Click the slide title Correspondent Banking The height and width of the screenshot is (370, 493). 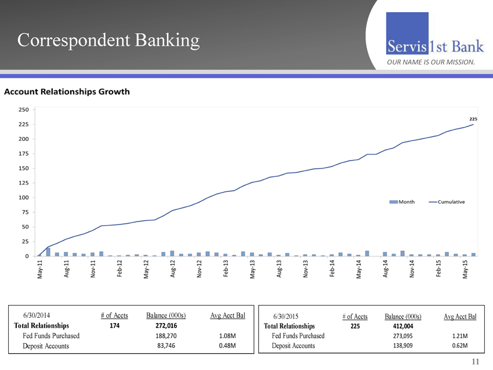click(108, 39)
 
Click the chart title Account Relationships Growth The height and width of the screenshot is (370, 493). click(67, 92)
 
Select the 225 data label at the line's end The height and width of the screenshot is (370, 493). click(473, 118)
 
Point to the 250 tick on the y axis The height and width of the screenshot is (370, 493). click(24, 110)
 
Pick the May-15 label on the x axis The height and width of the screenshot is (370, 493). click(465, 270)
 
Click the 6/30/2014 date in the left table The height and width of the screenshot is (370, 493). click(37, 315)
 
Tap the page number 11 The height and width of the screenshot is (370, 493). click(476, 362)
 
